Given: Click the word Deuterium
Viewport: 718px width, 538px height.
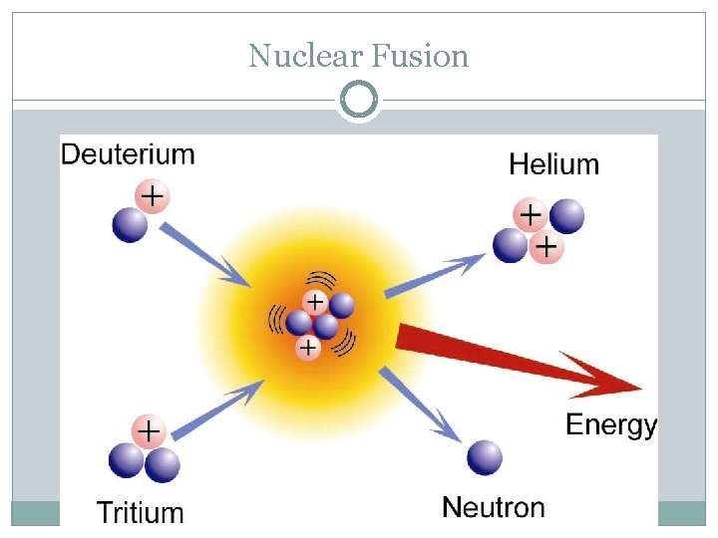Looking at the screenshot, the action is (x=128, y=154).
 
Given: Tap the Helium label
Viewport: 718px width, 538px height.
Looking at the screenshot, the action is (x=553, y=163).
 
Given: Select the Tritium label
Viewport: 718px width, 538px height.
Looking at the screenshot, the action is (x=140, y=513).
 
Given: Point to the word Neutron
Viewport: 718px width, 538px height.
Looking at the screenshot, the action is (x=494, y=507).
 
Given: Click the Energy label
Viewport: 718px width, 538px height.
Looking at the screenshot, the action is (x=610, y=425).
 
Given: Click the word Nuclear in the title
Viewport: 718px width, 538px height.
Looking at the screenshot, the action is (x=307, y=56).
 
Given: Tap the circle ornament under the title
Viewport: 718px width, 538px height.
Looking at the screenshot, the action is (x=359, y=100).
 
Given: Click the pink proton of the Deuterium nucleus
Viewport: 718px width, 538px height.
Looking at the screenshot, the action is (x=151, y=197).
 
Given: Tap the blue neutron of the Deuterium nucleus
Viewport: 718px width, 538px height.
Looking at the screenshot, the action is (x=129, y=224).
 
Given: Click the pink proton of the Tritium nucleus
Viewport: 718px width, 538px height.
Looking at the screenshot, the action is (x=149, y=431).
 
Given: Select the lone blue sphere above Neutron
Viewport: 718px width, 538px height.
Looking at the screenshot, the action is (x=485, y=457).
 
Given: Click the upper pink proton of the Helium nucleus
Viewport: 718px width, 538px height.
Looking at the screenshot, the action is (x=530, y=214).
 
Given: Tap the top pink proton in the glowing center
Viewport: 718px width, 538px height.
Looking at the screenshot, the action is (x=315, y=300).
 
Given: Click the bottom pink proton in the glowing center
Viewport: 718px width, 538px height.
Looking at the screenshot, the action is (x=309, y=347).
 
